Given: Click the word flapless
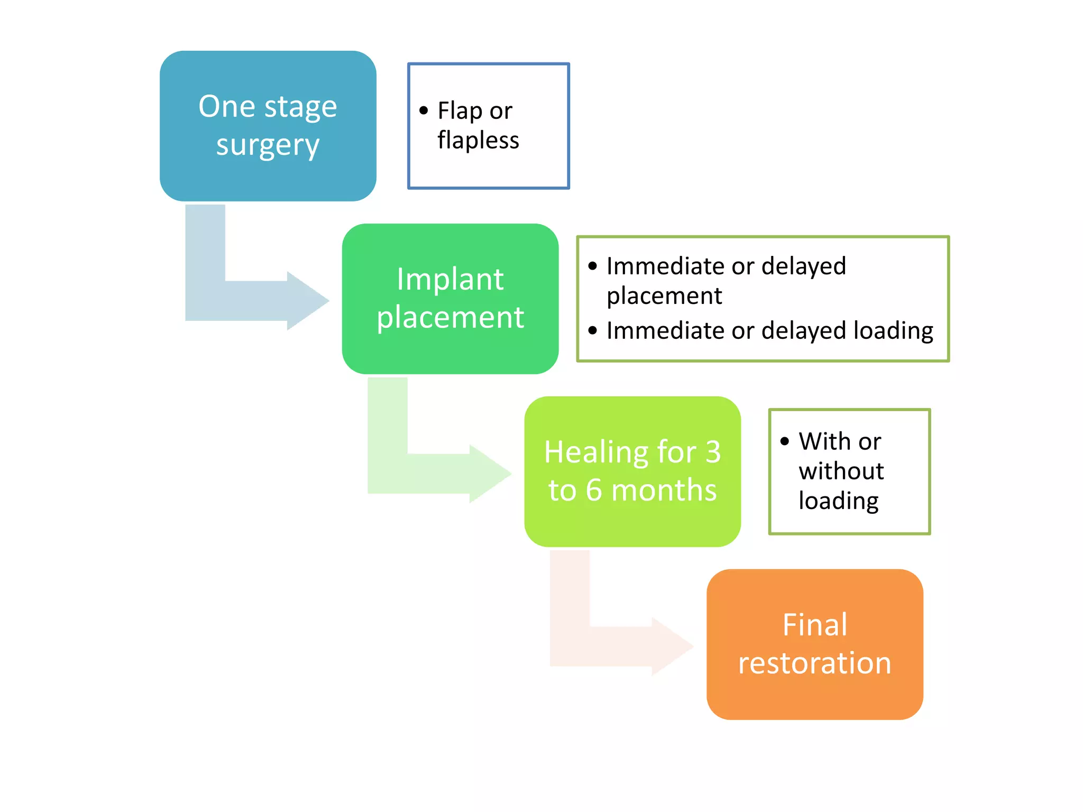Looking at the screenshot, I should tap(478, 141).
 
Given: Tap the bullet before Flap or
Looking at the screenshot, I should tap(424, 110).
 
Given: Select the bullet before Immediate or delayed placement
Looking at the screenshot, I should tap(593, 266).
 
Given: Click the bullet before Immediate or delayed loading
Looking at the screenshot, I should tap(593, 331).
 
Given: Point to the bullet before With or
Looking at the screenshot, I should tap(785, 441).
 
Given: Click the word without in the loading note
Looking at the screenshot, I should tap(841, 471).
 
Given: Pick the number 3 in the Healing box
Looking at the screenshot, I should tap(713, 453).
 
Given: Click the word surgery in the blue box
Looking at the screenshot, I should tap(268, 145).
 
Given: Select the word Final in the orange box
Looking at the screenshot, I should tap(814, 625).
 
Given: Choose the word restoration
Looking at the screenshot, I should tap(814, 663).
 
